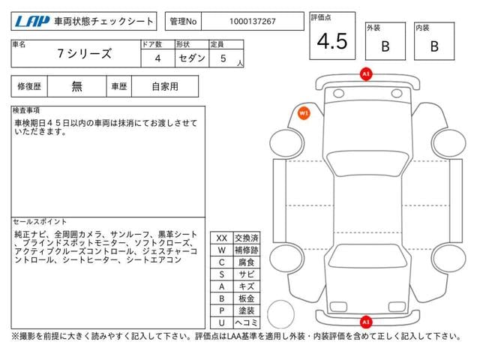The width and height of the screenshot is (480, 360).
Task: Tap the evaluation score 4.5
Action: tap(331, 42)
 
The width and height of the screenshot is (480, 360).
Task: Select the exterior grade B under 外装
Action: tap(385, 46)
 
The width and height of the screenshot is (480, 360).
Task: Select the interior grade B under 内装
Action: tap(433, 46)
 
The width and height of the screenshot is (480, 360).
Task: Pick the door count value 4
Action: tap(157, 58)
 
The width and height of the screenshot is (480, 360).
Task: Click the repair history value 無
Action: tap(76, 86)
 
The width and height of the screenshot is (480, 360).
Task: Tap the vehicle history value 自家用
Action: tap(164, 86)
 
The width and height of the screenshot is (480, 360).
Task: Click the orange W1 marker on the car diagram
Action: tap(304, 112)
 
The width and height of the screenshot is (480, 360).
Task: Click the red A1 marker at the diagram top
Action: tap(365, 75)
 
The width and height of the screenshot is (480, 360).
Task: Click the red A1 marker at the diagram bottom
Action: tap(365, 322)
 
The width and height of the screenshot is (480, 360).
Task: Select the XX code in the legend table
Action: tap(221, 238)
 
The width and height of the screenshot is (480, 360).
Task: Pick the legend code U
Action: tap(221, 322)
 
